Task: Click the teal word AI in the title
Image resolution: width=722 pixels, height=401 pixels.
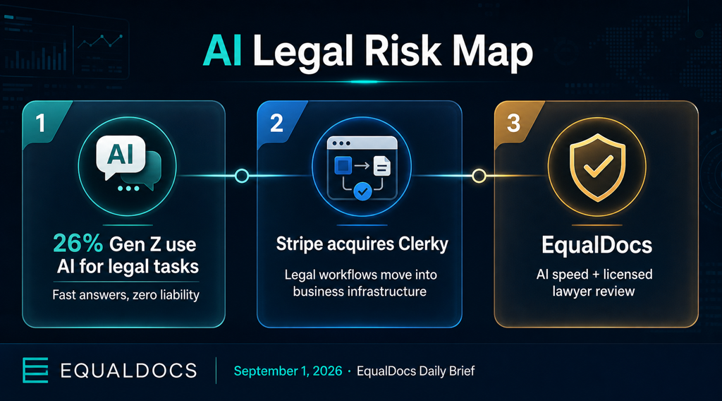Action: [x=222, y=51]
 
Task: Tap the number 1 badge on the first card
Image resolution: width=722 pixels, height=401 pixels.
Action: [x=40, y=123]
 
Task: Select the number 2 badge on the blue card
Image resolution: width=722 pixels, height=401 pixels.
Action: [x=276, y=123]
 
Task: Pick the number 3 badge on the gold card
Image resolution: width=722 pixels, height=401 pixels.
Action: [x=513, y=123]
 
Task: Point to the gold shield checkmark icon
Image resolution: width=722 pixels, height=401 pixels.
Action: [x=597, y=167]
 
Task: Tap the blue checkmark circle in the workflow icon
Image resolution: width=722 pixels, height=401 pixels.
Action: [x=363, y=191]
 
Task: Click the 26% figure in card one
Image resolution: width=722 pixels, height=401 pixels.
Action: [x=78, y=244]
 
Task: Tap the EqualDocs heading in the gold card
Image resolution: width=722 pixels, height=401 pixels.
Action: [x=596, y=245]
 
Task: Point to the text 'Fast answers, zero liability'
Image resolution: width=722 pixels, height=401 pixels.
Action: [x=126, y=294]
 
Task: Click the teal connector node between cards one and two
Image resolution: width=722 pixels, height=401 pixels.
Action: [x=242, y=176]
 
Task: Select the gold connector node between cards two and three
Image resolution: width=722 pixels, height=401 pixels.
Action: [x=479, y=176]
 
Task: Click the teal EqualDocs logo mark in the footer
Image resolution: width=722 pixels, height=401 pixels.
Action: [x=35, y=370]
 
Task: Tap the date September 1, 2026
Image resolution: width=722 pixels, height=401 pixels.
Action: [x=288, y=371]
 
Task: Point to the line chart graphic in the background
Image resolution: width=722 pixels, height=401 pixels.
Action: [x=100, y=42]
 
